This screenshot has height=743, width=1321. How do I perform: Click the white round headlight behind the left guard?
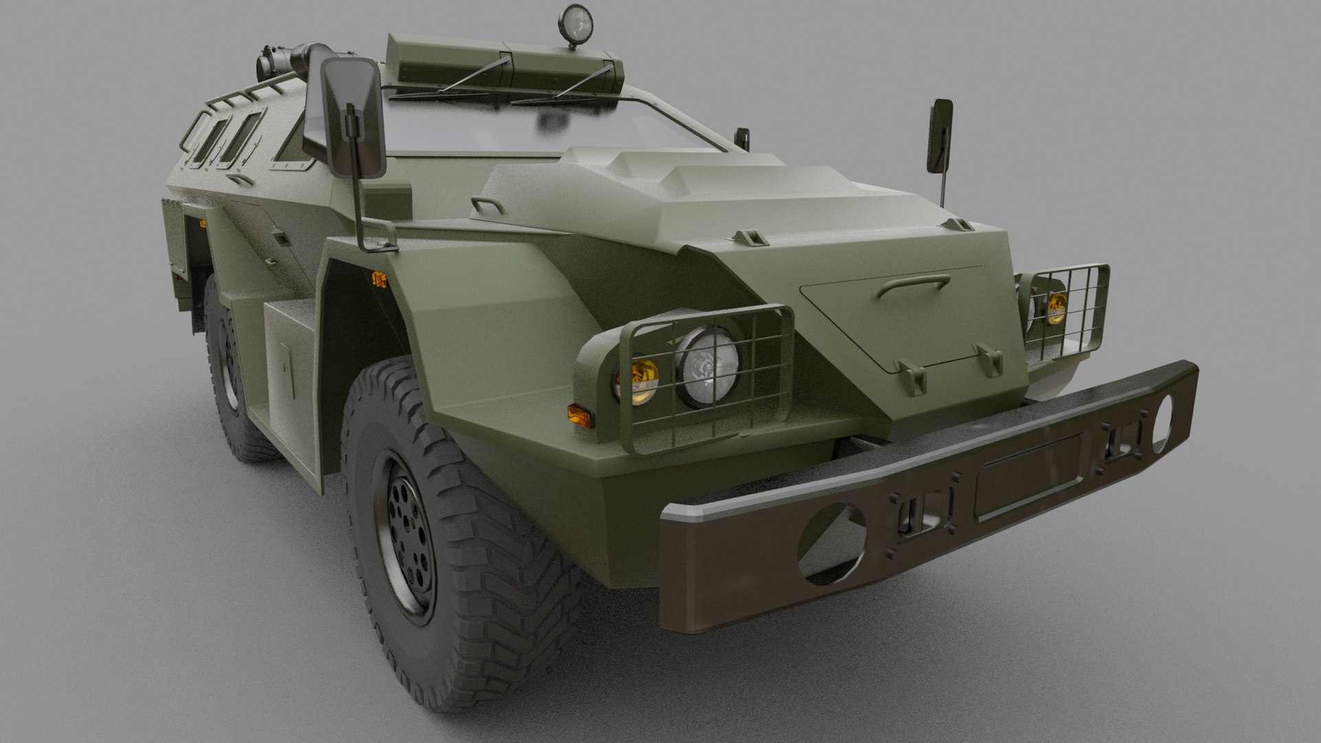707,367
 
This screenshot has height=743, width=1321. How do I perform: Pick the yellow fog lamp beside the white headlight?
636,380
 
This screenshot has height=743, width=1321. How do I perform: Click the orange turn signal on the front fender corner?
580,415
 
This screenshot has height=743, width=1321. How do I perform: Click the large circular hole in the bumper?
833,543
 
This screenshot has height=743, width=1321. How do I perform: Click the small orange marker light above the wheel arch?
378,279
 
